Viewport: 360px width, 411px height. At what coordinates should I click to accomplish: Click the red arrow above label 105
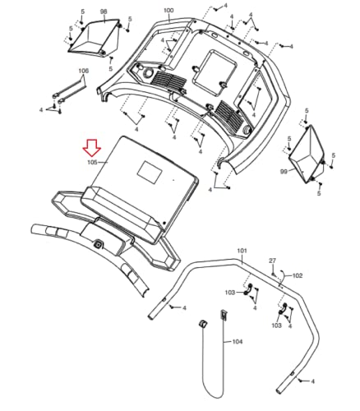point(92,148)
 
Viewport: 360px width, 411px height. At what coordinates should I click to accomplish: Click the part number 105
point(92,162)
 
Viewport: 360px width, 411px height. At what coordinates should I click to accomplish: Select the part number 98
point(104,12)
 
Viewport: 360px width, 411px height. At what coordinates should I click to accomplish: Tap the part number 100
point(168,11)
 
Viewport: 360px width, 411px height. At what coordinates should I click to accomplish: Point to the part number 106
point(84,71)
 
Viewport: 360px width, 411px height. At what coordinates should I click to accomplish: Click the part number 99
point(284,172)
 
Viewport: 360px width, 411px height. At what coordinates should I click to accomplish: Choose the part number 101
point(242,251)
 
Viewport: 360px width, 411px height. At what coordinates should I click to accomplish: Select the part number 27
point(272,261)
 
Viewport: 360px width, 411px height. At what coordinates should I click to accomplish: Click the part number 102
point(298,275)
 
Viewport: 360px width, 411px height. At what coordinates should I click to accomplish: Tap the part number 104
point(238,342)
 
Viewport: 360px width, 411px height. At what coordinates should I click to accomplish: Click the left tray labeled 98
point(95,39)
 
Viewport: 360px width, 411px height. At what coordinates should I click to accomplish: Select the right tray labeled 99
point(307,154)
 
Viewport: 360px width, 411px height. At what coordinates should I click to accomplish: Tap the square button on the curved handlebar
point(98,244)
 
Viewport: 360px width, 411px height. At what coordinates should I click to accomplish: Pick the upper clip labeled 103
point(248,289)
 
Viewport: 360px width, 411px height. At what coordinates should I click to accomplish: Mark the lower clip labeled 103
point(283,308)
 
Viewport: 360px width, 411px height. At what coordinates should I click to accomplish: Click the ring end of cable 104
point(203,324)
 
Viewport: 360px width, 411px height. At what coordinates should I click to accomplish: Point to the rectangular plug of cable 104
point(224,315)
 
